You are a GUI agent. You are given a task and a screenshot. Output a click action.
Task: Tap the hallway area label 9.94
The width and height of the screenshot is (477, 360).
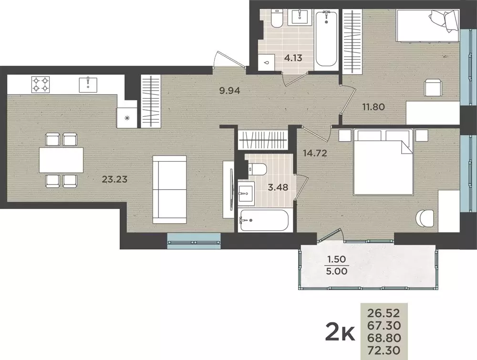(228, 90)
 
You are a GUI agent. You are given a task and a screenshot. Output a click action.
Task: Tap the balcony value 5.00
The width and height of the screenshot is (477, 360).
(336, 270)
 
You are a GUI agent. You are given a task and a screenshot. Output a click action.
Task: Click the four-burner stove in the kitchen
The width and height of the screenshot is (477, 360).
(41, 84)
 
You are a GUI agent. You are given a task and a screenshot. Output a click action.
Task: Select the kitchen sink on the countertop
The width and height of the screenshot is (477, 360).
(88, 84)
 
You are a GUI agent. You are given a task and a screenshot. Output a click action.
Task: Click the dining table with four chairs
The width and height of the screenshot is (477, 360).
(61, 160)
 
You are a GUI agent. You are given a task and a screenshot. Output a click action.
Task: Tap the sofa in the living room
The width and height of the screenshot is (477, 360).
(169, 189)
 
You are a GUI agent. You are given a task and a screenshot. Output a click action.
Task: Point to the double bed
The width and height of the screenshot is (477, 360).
(383, 162)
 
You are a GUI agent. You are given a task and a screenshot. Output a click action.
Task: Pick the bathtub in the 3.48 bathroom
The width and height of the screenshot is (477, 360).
(264, 220)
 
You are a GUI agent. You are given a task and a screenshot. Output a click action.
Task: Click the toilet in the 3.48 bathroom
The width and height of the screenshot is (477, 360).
(259, 169)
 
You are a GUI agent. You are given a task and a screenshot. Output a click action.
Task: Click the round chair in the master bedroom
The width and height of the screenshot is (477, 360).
(425, 219)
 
